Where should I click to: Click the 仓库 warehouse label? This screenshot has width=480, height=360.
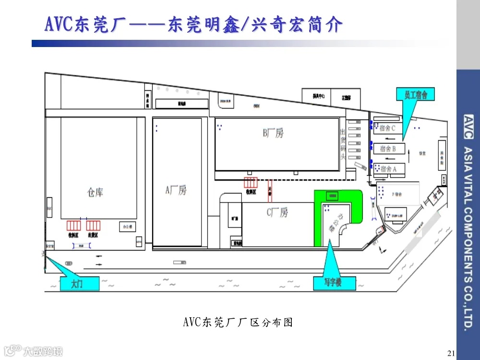(x=95, y=192)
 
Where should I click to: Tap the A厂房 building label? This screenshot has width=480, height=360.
(x=176, y=191)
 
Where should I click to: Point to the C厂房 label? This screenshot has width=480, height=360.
(x=277, y=212)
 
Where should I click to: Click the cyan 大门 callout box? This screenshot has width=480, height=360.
(x=78, y=284)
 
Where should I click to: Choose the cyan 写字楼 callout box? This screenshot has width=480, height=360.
(x=334, y=283)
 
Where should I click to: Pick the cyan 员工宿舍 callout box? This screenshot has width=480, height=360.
(x=416, y=94)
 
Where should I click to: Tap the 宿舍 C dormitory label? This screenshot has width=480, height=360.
(x=387, y=128)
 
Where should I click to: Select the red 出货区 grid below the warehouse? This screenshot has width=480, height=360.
(x=93, y=226)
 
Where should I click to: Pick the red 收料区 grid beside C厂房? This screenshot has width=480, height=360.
(x=251, y=183)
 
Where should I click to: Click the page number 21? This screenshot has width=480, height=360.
(x=450, y=354)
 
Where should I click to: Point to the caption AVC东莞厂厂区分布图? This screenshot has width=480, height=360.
(x=238, y=322)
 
